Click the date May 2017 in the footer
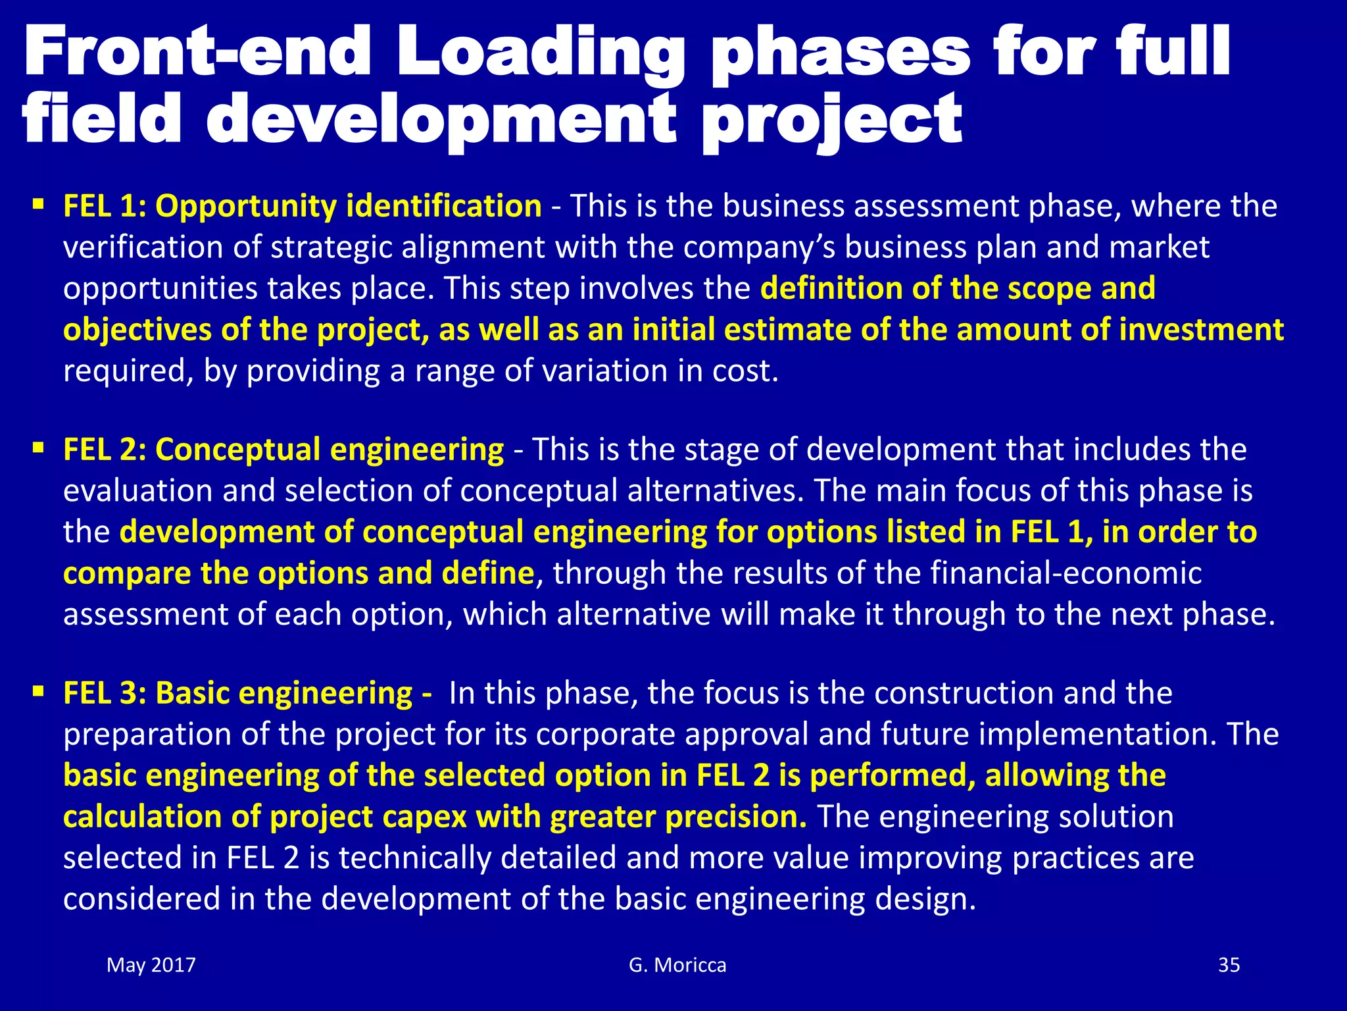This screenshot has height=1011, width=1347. [151, 965]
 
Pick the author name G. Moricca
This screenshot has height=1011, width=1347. [677, 965]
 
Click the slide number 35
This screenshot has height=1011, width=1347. [1229, 965]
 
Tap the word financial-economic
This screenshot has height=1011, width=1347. [1066, 573]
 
